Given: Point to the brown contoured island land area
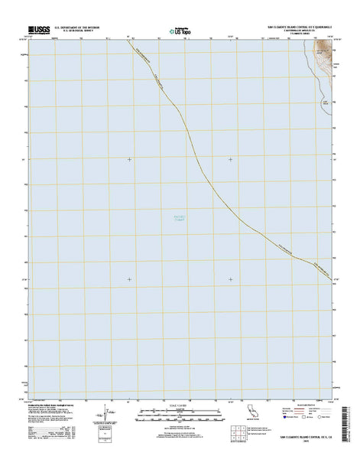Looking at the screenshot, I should (326, 60).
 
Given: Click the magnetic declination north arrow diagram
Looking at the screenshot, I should (101, 420).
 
